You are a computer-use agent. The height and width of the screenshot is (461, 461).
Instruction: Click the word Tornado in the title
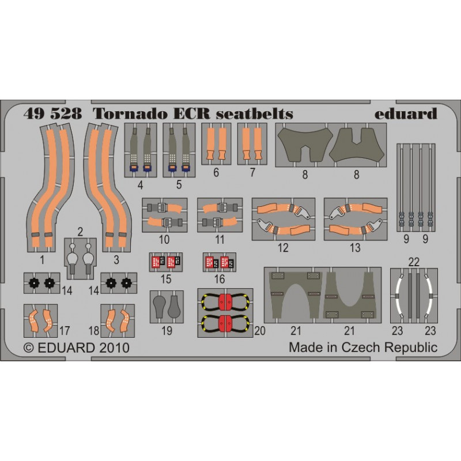click(x=131, y=114)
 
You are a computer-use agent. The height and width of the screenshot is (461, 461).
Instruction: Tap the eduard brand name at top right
click(x=406, y=114)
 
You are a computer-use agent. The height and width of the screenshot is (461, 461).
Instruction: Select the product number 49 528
click(x=52, y=114)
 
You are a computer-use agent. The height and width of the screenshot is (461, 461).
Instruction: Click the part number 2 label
click(x=80, y=232)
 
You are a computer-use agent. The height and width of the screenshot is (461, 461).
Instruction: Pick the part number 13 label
click(x=355, y=248)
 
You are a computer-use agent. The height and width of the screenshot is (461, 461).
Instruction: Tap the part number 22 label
click(x=414, y=262)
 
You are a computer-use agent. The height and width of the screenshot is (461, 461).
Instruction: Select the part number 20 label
click(x=260, y=331)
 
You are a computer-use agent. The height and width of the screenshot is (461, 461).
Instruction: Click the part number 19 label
click(x=167, y=331)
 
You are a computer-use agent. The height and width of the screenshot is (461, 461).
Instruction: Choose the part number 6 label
click(x=216, y=172)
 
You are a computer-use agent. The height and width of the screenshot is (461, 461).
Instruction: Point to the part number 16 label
click(x=220, y=279)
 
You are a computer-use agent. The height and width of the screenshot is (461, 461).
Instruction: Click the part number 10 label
click(x=164, y=240)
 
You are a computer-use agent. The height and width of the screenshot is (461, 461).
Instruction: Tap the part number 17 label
click(x=65, y=331)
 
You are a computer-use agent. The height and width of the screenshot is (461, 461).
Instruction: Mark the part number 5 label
click(x=179, y=184)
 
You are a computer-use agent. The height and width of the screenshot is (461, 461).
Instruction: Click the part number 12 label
click(x=283, y=248)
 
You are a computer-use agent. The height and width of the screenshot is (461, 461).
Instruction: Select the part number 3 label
click(x=116, y=260)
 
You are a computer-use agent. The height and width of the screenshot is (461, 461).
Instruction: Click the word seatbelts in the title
click(x=255, y=114)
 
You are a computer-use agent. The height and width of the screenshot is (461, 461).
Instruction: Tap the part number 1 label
click(x=42, y=260)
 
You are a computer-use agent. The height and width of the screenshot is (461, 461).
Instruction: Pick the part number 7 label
click(x=252, y=172)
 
